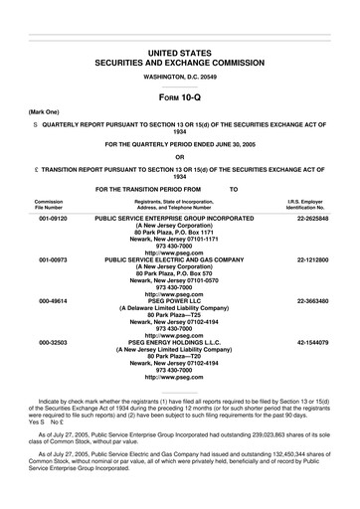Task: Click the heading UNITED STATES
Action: tap(180, 50)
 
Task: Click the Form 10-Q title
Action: tap(180, 98)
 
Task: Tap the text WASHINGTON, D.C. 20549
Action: tap(180, 76)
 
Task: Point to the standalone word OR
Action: tap(180, 156)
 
